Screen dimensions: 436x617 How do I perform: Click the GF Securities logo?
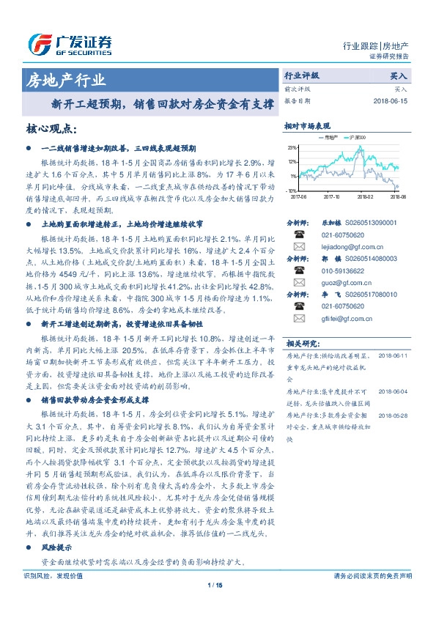(x=70, y=43)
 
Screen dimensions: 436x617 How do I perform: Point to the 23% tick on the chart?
(x=292, y=147)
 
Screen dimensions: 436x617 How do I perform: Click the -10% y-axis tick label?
(x=292, y=190)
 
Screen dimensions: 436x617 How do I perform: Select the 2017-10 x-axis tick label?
(x=331, y=196)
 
